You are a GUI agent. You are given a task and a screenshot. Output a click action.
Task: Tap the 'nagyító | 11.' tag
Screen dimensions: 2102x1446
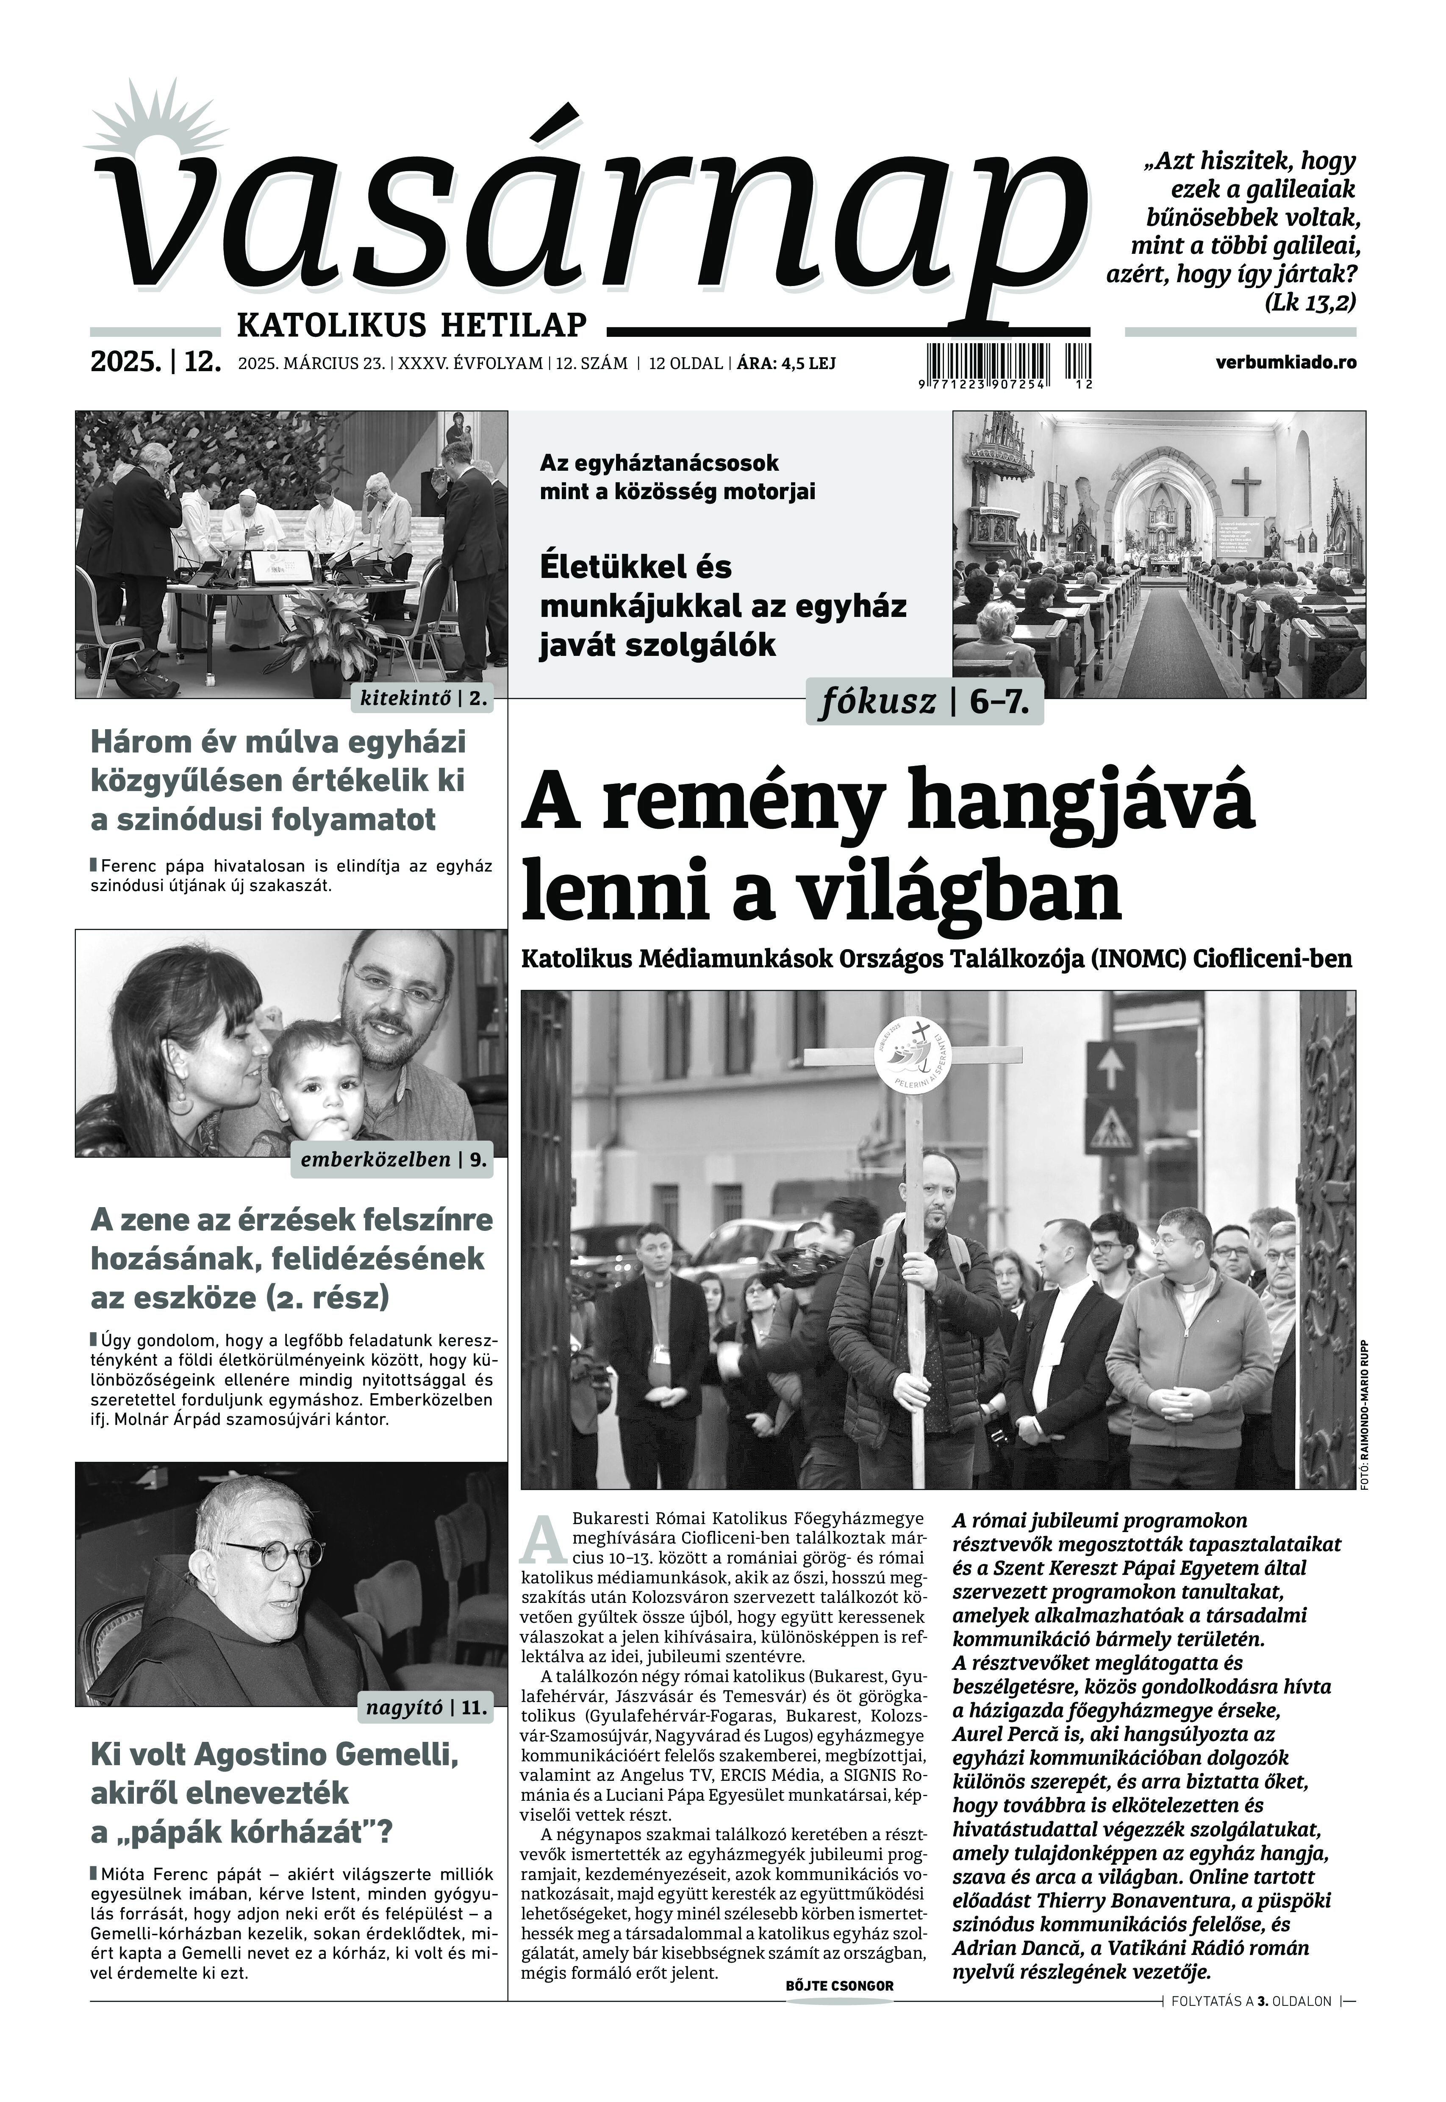426,1709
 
